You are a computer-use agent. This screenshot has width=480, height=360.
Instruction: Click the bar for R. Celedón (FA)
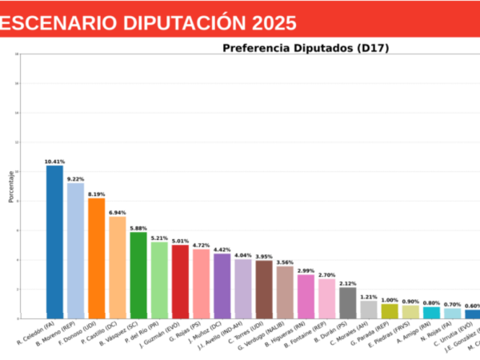tap(54, 240)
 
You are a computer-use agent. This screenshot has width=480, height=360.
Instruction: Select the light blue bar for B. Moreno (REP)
tap(75, 250)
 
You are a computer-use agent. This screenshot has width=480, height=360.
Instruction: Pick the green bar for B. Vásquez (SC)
tap(138, 274)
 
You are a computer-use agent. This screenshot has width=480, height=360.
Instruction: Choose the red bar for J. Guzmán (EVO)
tap(180, 281)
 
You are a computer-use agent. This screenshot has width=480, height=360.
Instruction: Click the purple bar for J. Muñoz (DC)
tap(222, 285)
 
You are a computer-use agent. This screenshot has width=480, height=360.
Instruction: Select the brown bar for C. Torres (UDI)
tap(264, 289)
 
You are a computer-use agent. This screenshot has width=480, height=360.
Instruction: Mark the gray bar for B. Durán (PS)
tap(347, 302)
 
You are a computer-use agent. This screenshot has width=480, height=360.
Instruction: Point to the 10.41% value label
tap(54, 162)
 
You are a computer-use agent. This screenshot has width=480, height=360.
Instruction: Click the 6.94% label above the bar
tap(117, 213)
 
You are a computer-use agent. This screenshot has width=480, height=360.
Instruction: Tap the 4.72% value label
tap(201, 245)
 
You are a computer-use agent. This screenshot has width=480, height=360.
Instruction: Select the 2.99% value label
tap(306, 270)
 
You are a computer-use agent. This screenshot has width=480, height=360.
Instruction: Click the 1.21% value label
tap(368, 297)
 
